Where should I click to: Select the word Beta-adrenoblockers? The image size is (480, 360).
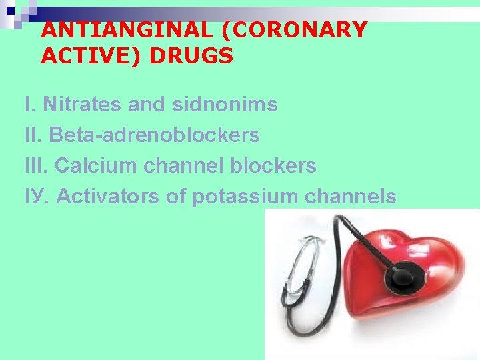[x=155, y=135]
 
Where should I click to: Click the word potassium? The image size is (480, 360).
[x=245, y=197]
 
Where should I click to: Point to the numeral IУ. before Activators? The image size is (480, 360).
[x=36, y=197]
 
